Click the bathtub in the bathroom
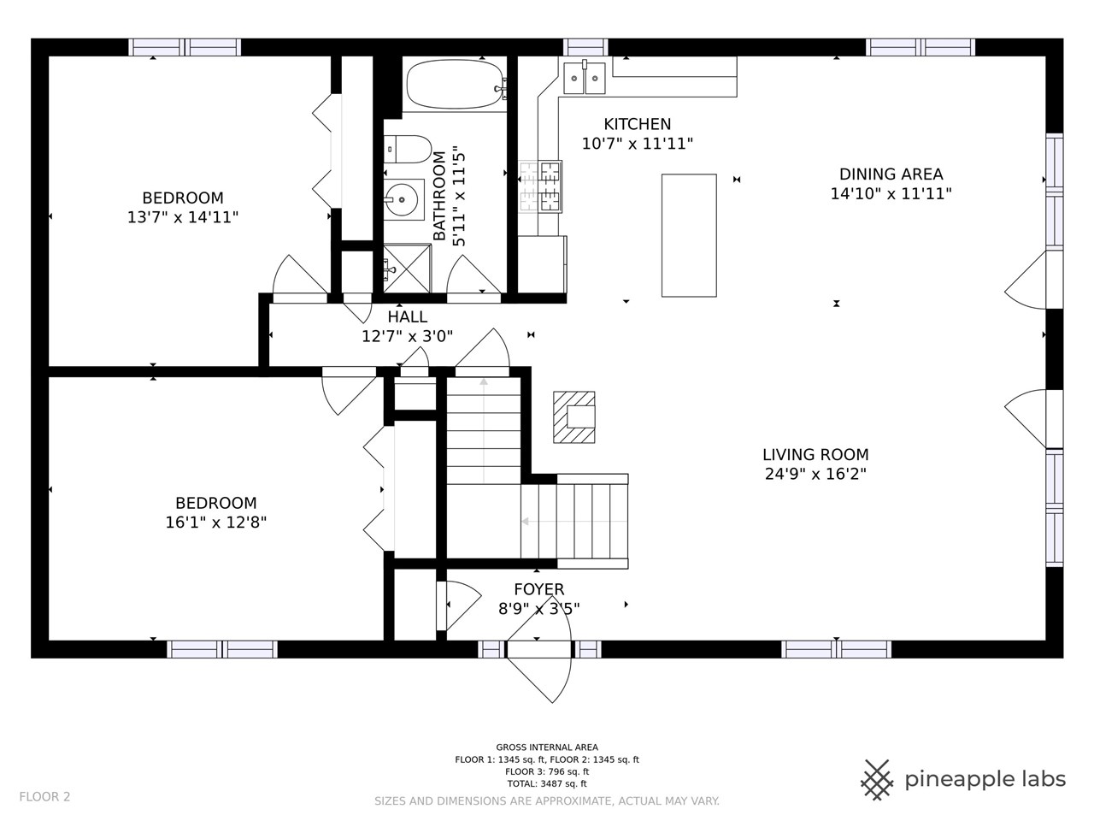click(455, 85)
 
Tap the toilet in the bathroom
click(407, 149)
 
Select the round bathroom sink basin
click(403, 199)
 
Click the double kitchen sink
click(584, 78)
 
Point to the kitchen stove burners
click(540, 186)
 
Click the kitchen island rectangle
click(689, 235)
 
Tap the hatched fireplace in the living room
click(573, 417)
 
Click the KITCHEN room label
click(637, 124)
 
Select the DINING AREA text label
click(891, 174)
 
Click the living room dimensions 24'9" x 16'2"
click(815, 474)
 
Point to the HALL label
click(407, 316)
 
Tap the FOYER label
click(538, 589)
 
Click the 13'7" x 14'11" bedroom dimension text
click(183, 217)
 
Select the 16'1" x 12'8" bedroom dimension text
click(216, 523)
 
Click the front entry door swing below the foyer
click(539, 656)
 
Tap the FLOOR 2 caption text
click(44, 796)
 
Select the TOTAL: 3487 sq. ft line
click(547, 783)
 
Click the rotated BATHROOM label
click(439, 196)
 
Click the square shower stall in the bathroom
click(407, 269)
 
